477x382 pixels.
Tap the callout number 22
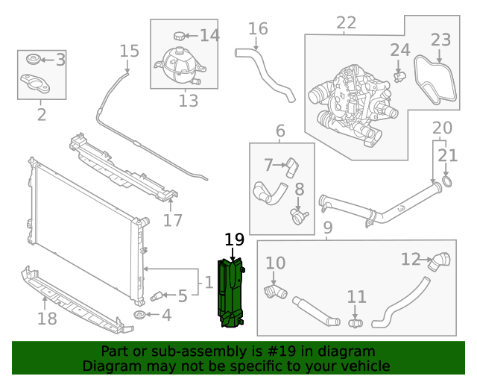pyautogui.click(x=347, y=23)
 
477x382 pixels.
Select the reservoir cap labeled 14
pyautogui.click(x=179, y=35)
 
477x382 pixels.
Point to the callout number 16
pyautogui.click(x=258, y=29)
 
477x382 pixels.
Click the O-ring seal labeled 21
pyautogui.click(x=447, y=181)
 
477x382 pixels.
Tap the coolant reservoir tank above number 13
pyautogui.click(x=178, y=66)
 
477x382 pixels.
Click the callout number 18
pyautogui.click(x=46, y=320)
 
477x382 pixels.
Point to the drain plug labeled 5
pyautogui.click(x=157, y=297)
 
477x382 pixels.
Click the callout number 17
pyautogui.click(x=173, y=220)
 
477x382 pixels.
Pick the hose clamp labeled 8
pyautogui.click(x=299, y=216)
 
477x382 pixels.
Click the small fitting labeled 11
pyautogui.click(x=356, y=323)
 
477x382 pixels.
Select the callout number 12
pyautogui.click(x=411, y=260)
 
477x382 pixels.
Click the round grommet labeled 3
pyautogui.click(x=33, y=59)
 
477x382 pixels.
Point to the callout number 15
pyautogui.click(x=130, y=51)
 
